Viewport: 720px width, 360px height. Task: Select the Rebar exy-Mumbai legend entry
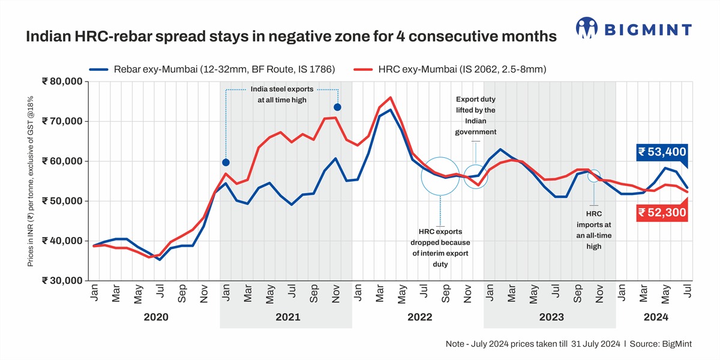(x=212, y=70)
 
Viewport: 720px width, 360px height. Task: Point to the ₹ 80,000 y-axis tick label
(x=62, y=82)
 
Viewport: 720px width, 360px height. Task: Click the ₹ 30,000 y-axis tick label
(x=62, y=280)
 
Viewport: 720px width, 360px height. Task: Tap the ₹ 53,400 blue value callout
(x=662, y=152)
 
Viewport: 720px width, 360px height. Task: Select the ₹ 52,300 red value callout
(x=662, y=212)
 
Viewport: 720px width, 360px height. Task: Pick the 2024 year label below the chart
(x=656, y=316)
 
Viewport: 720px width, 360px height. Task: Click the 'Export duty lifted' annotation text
(x=475, y=115)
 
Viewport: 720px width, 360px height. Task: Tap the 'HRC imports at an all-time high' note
(x=593, y=230)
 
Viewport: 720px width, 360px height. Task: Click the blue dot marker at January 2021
(x=226, y=163)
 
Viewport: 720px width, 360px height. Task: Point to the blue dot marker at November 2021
(x=337, y=107)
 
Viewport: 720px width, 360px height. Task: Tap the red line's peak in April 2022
(x=391, y=97)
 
